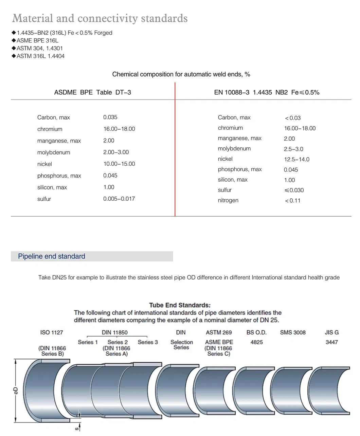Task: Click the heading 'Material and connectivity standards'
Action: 100,18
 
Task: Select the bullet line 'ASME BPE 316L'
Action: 37,40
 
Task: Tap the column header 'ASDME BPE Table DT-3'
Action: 92,92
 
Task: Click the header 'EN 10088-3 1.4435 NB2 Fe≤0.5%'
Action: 267,92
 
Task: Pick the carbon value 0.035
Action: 110,117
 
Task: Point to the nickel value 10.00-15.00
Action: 119,164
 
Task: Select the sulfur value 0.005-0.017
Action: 119,199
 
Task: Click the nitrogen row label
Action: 228,200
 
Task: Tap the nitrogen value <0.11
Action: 293,201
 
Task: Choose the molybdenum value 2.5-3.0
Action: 293,149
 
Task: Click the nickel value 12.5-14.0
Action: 296,159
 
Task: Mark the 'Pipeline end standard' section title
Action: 52,256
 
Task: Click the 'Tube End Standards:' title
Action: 180,305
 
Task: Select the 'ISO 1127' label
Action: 52,332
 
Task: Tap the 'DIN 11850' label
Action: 115,332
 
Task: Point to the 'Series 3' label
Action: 148,342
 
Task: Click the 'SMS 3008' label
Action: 292,332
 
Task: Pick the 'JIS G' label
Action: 331,332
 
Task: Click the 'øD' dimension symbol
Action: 15,391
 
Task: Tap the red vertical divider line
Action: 175,153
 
